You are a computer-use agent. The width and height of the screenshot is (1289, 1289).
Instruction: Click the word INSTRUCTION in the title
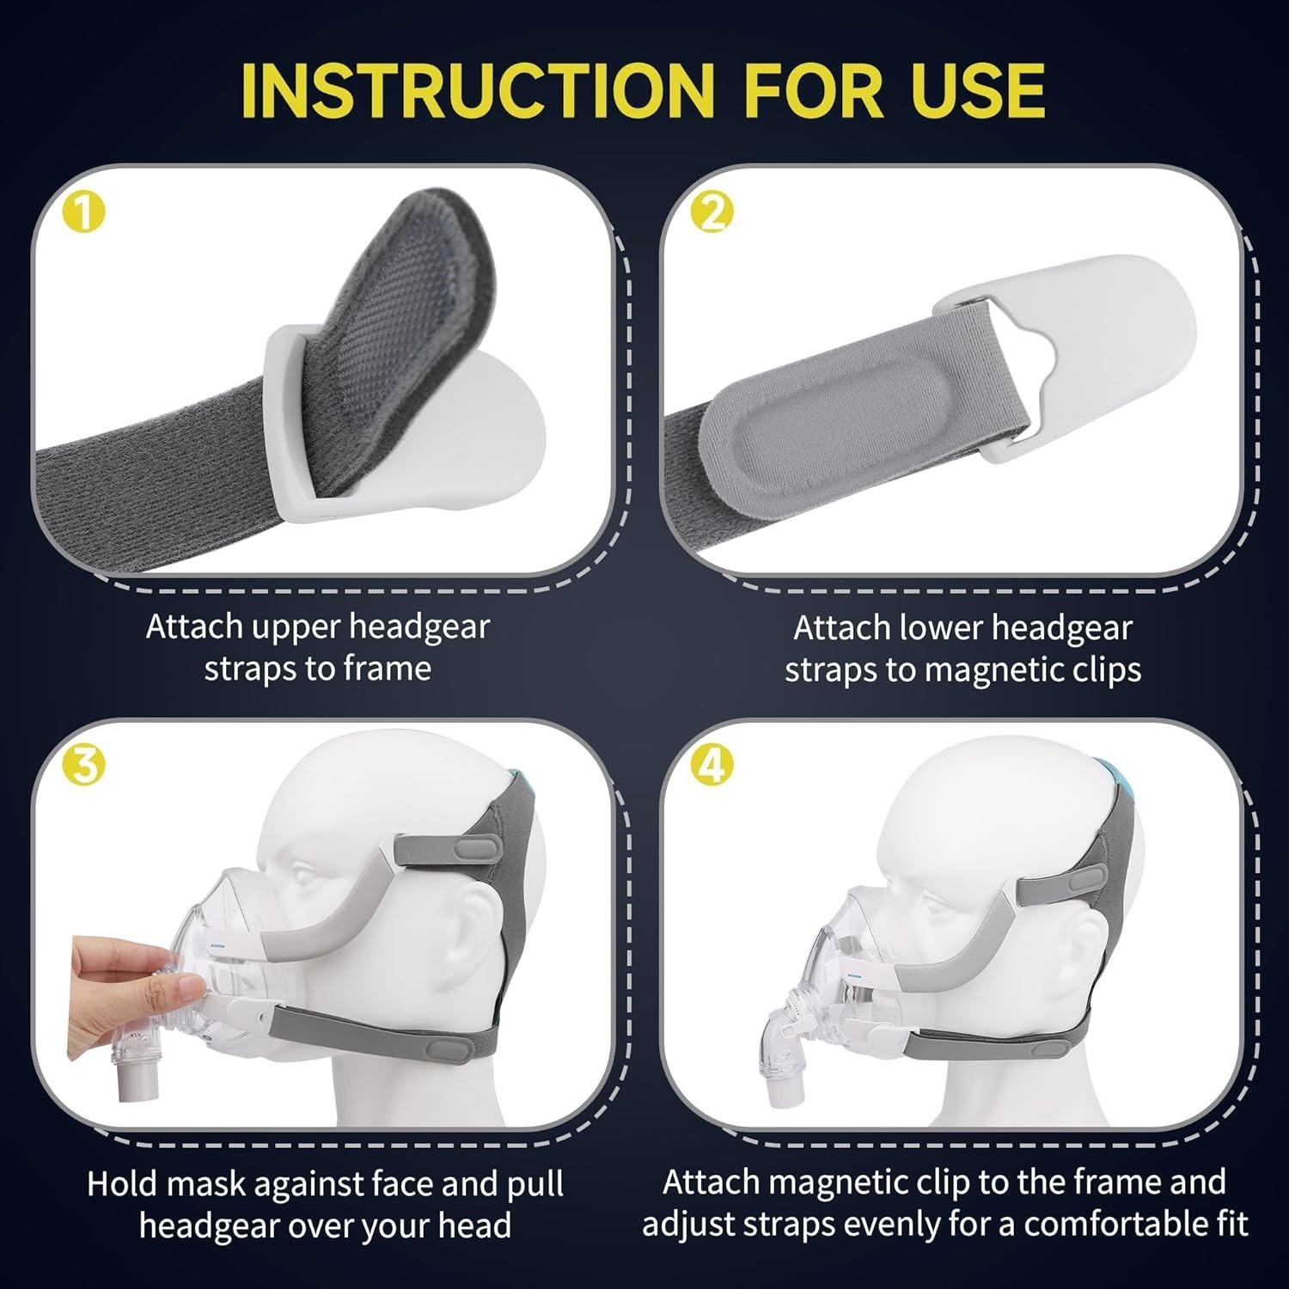[x=478, y=89]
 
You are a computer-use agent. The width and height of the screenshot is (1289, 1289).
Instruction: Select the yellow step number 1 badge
[x=84, y=211]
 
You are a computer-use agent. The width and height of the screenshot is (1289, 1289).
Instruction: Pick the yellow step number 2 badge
[x=712, y=211]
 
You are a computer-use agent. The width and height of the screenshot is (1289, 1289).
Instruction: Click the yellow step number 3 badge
[x=84, y=764]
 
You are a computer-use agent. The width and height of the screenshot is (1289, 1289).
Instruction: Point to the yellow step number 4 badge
[x=712, y=764]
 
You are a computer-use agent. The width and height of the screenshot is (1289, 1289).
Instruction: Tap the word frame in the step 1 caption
[x=386, y=668]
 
